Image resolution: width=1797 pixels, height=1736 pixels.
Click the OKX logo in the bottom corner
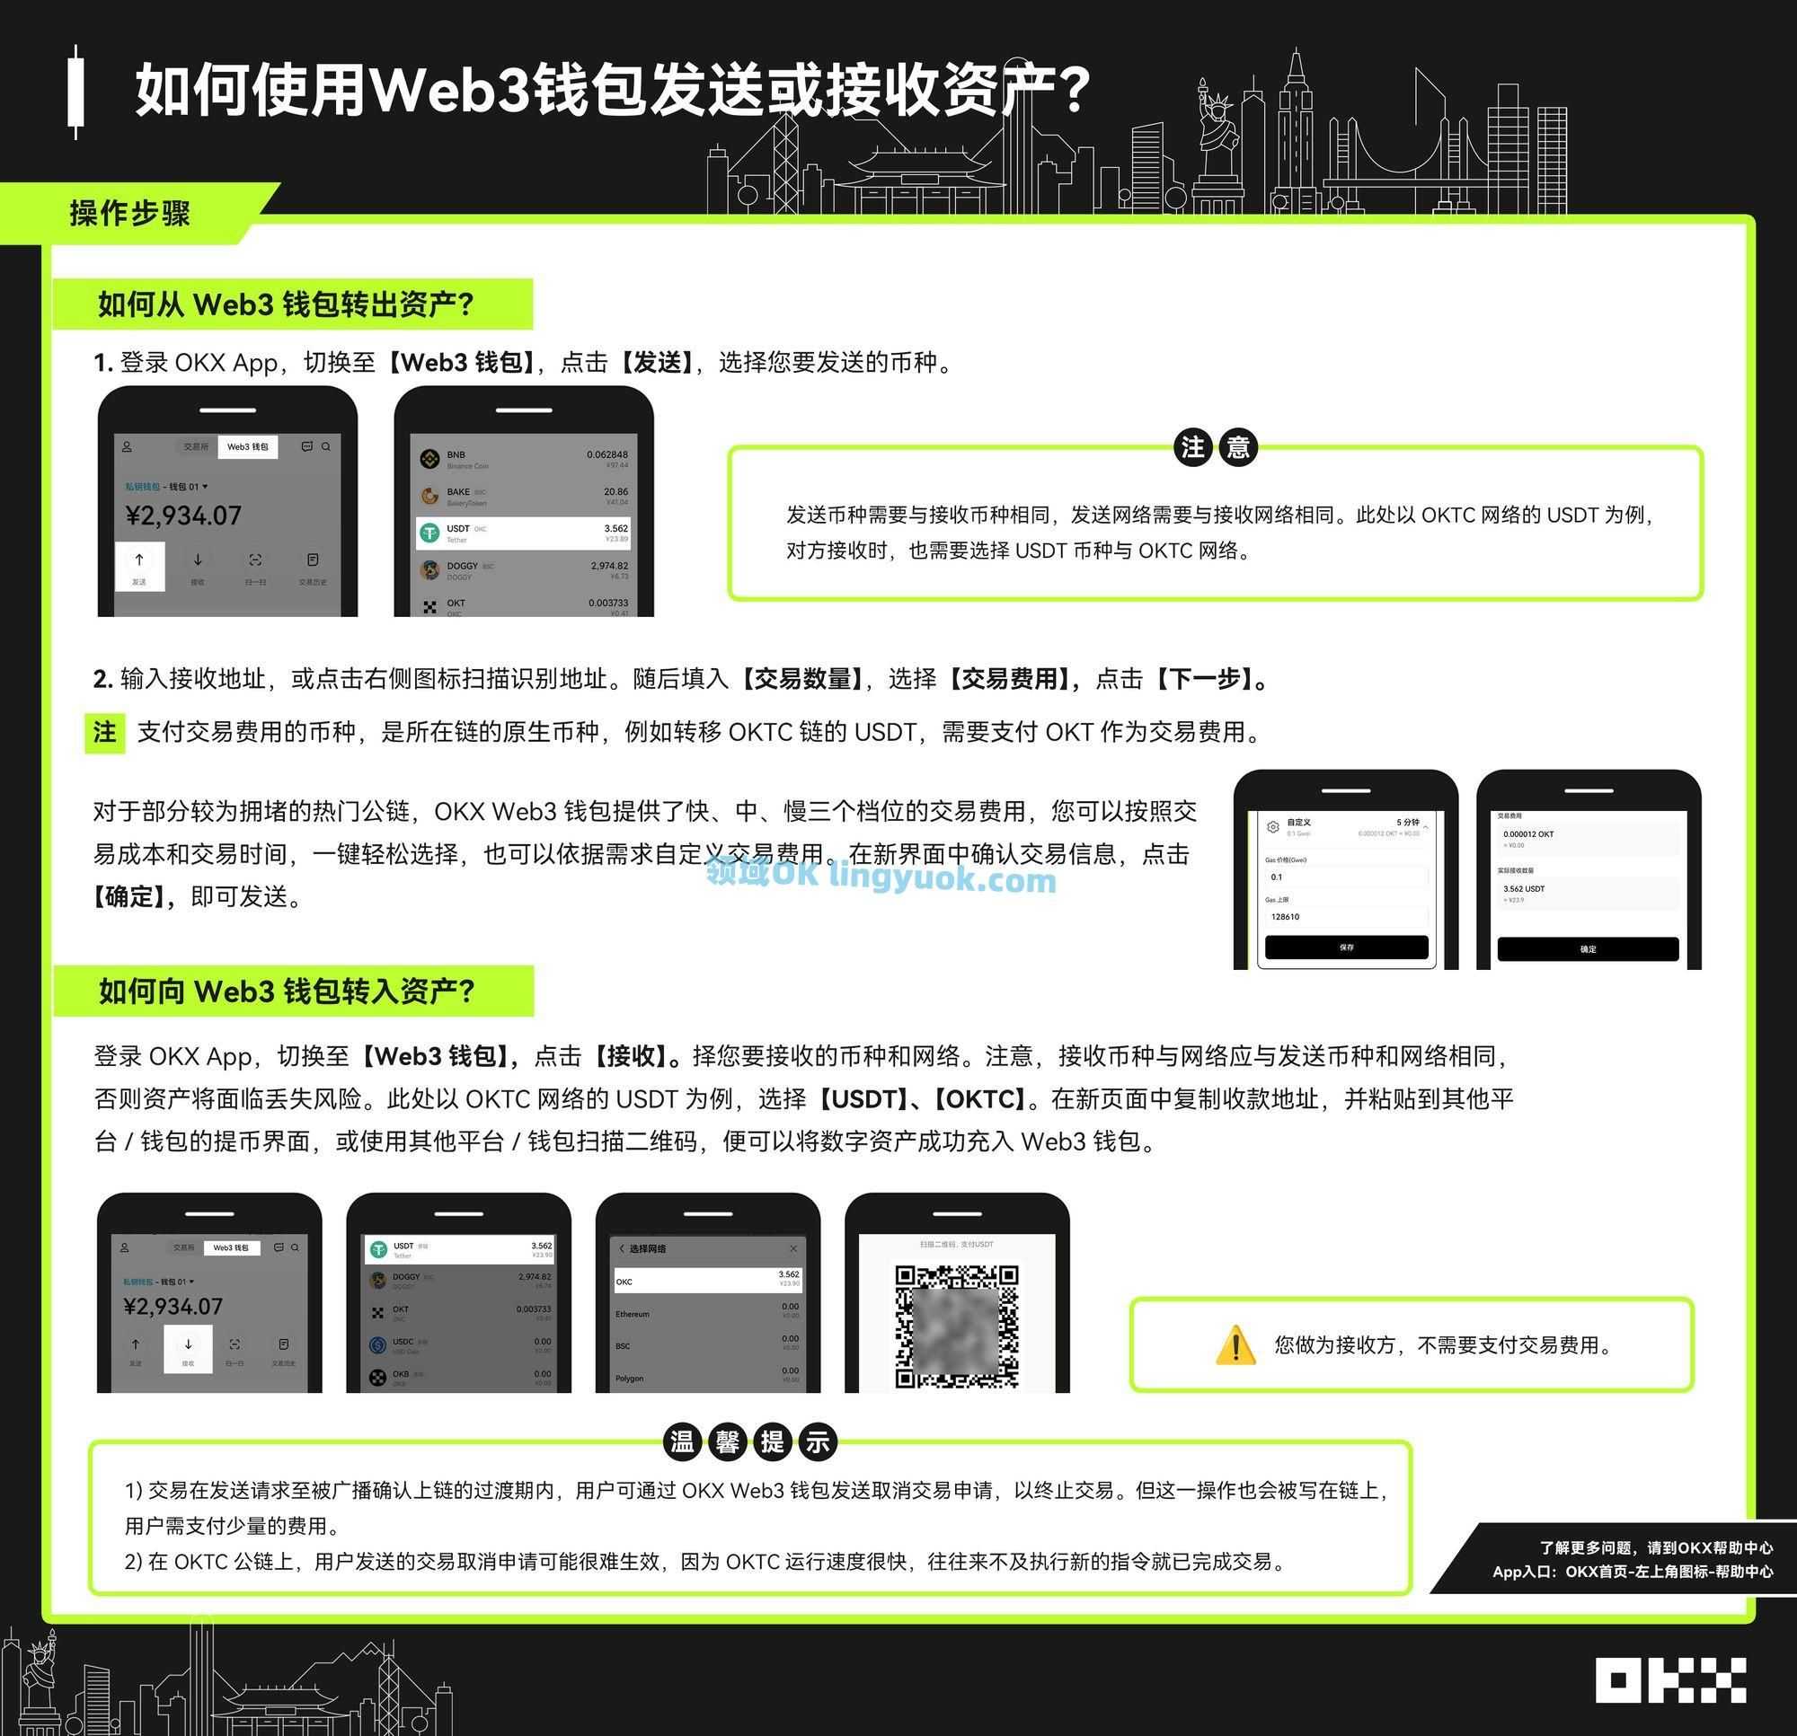coord(1670,1680)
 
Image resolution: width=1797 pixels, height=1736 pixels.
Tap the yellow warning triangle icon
coord(1235,1344)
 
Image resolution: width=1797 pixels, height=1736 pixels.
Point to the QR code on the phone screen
coord(956,1326)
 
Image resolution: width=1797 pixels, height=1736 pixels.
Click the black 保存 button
coord(1346,947)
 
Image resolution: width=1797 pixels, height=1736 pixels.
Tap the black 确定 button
coord(1587,948)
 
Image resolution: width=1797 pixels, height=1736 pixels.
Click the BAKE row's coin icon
coord(429,496)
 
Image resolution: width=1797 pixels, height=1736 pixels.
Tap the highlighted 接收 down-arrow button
coord(188,1348)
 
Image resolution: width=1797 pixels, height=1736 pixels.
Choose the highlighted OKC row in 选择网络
coord(707,1281)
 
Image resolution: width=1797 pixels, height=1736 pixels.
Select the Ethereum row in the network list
coord(707,1314)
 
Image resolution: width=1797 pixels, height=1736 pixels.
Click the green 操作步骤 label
coord(130,214)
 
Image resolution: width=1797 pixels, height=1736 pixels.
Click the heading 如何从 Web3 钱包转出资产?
coord(286,304)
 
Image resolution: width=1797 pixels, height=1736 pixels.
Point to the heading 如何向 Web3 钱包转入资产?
coord(287,991)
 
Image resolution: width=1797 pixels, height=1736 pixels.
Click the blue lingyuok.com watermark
coord(881,877)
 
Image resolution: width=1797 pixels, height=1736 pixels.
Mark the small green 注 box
coord(104,732)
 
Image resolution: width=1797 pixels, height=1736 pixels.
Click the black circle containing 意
coord(1238,447)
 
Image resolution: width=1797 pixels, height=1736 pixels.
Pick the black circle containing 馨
coord(728,1441)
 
